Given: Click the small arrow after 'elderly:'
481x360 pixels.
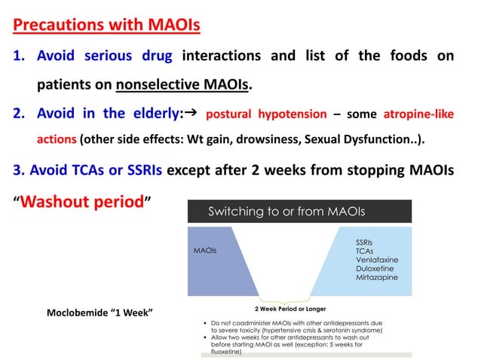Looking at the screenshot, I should pyautogui.click(x=191, y=113).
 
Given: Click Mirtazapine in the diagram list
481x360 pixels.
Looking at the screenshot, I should pyautogui.click(x=377, y=277).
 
